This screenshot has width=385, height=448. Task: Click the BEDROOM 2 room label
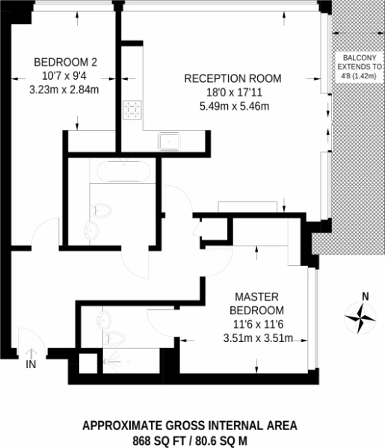66,62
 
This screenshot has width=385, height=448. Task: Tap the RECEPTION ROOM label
232,78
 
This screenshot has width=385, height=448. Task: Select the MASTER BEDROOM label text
256,303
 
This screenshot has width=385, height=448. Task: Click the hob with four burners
132,110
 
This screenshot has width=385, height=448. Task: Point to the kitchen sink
169,141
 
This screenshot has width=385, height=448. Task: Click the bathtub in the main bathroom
123,171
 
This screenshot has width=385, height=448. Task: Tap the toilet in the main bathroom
101,211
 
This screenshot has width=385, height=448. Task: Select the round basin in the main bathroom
91,231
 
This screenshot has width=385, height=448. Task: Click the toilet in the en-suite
114,338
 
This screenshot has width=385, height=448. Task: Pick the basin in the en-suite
104,320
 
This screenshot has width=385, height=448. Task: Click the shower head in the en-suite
106,361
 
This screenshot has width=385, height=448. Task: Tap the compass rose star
360,318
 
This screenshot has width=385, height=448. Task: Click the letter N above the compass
366,297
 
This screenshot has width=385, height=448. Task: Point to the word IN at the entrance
31,364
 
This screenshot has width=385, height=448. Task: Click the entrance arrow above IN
31,353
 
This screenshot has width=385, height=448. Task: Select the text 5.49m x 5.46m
234,106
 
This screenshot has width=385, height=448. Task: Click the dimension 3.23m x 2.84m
64,90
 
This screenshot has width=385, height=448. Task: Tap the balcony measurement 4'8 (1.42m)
359,76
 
